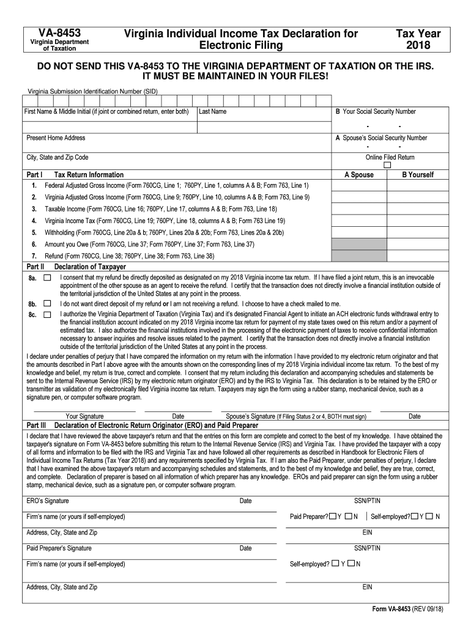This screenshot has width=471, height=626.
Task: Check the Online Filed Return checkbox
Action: pos(387,165)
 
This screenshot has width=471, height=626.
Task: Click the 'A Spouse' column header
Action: pos(358,175)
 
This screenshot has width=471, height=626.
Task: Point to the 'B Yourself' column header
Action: pos(417,175)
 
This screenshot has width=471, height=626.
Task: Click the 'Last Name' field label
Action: pos(212,112)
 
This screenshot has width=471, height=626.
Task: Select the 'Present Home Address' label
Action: pos(56,138)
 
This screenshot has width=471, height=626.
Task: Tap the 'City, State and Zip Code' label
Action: pos(57,158)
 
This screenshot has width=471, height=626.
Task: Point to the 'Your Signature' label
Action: pos(84,416)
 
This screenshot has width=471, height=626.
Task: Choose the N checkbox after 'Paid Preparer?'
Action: pos(348,517)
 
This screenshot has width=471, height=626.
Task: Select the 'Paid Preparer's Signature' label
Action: pos(59,548)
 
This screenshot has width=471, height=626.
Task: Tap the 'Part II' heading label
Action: pos(35,267)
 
